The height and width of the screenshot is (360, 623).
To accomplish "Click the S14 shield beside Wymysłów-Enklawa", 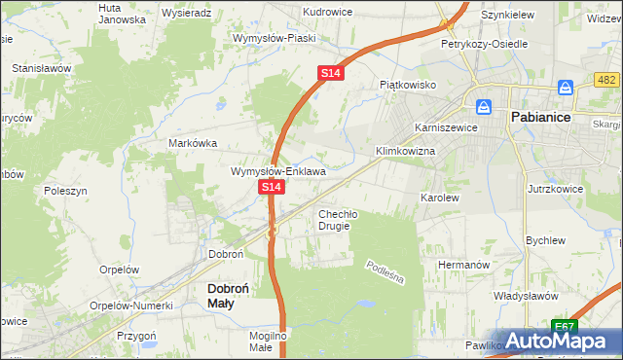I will [272, 186].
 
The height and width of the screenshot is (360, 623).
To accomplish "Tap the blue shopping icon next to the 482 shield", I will [564, 87].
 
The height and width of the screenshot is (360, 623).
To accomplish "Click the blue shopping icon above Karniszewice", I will [482, 106].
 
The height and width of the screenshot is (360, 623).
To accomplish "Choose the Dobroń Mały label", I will [234, 296].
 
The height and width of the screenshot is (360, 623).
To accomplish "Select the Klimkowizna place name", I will [405, 152].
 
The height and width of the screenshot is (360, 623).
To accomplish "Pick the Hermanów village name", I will [461, 265].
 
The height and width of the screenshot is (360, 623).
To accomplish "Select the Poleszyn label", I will [66, 192].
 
